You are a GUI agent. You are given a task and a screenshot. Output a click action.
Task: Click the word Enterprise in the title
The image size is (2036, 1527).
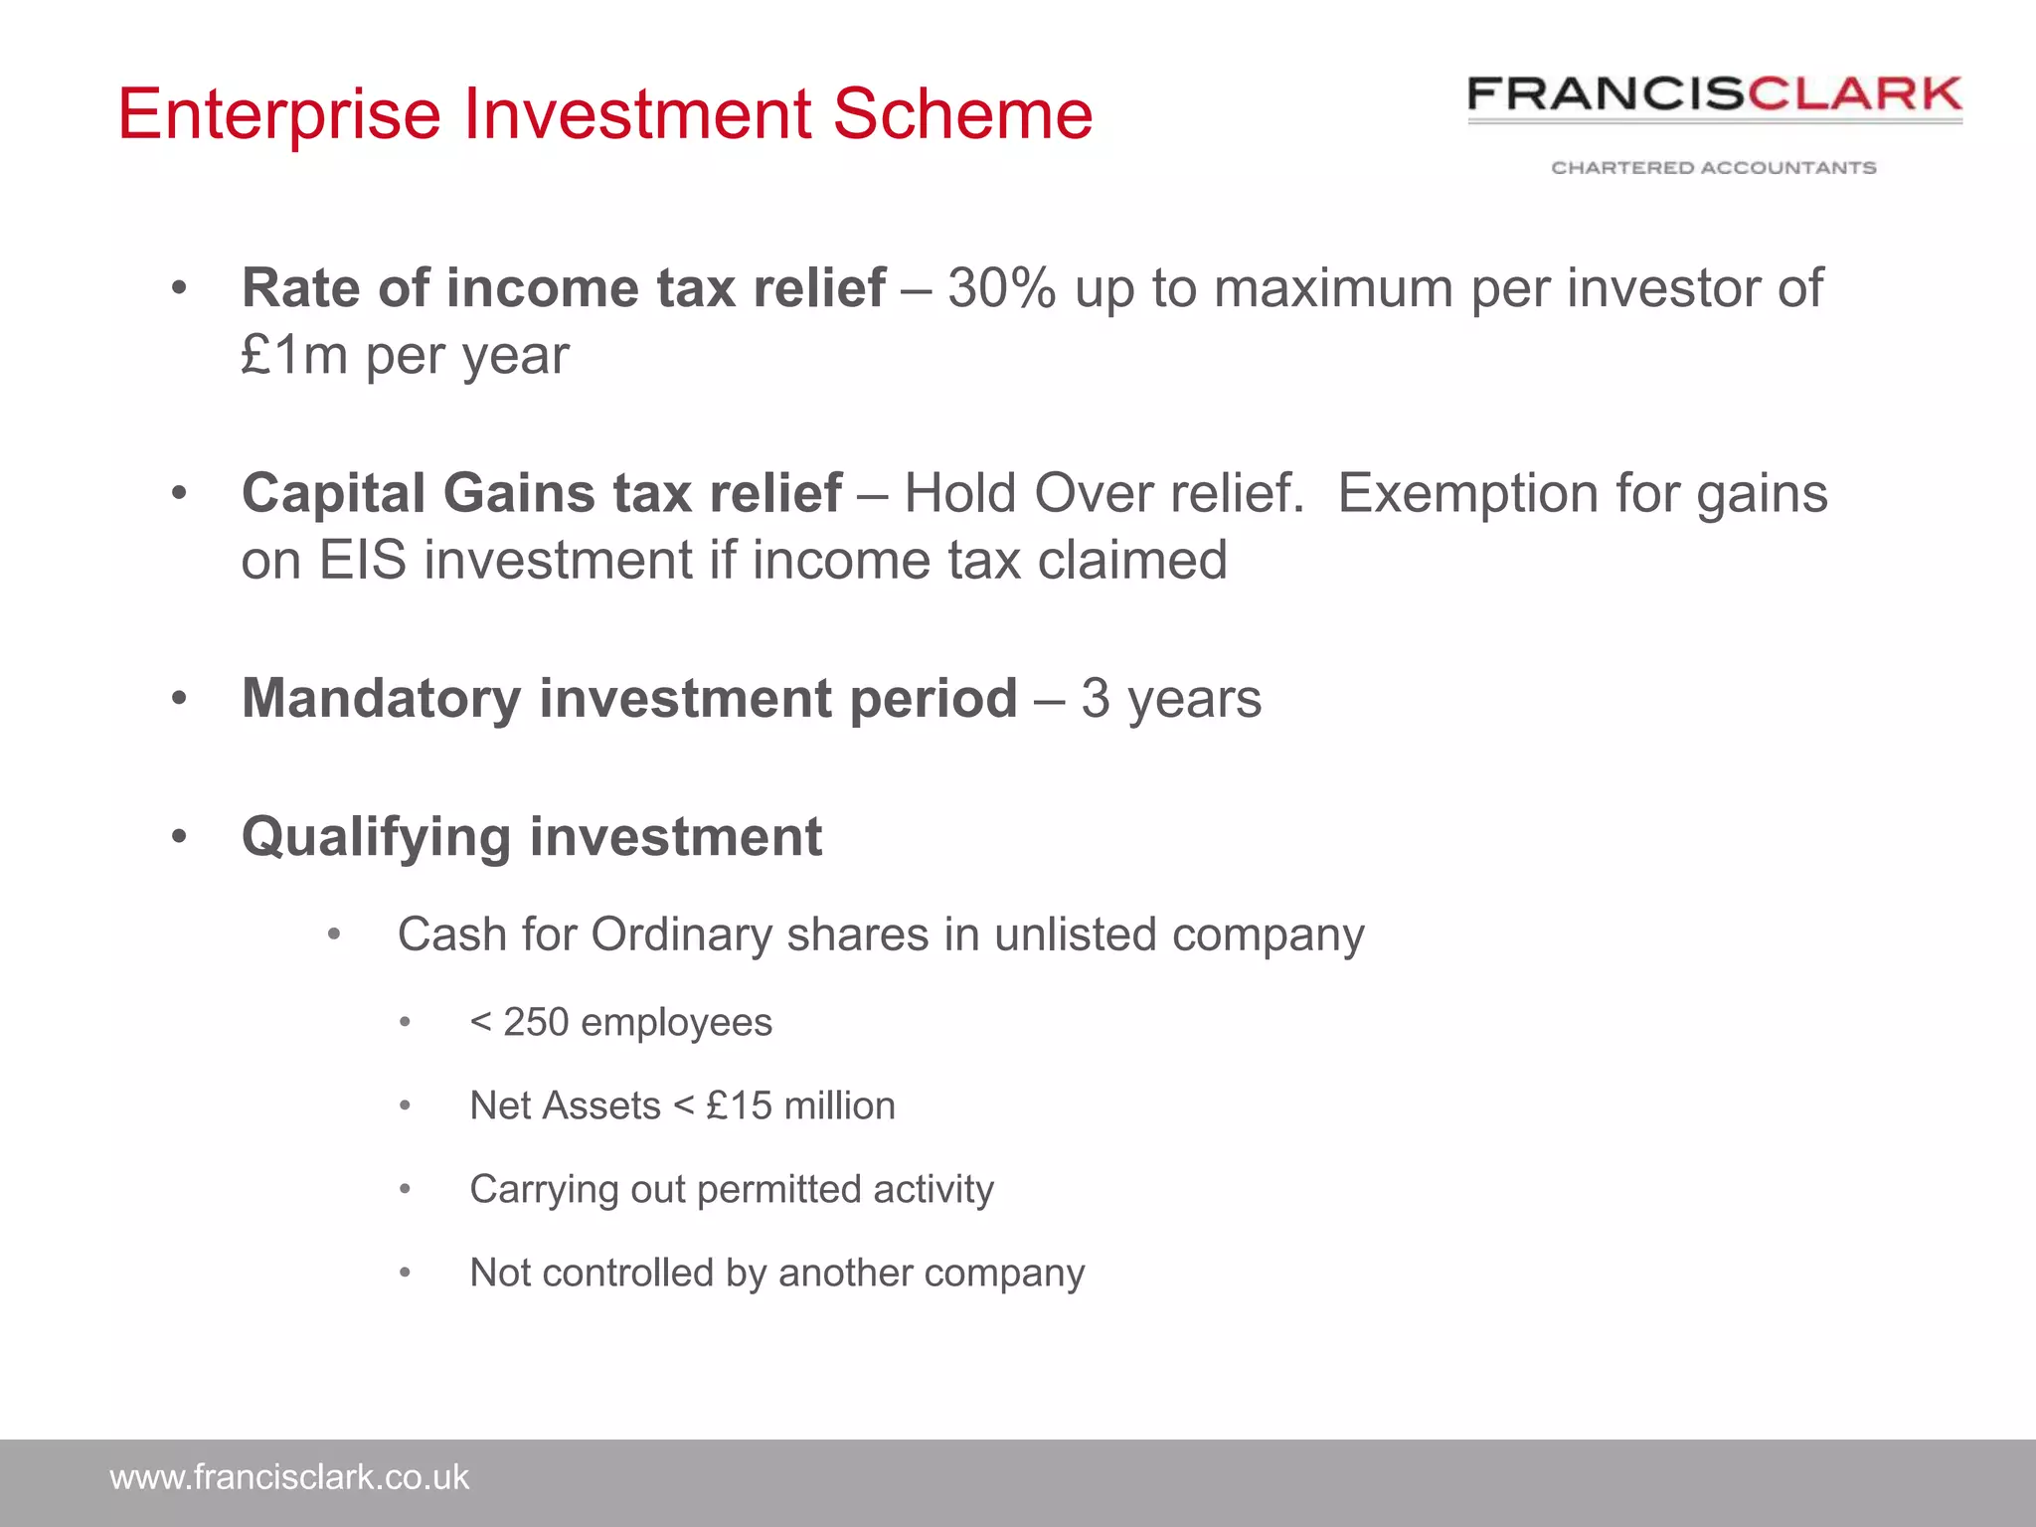coord(279,113)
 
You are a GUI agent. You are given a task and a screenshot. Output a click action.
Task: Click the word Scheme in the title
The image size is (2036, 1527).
coord(961,113)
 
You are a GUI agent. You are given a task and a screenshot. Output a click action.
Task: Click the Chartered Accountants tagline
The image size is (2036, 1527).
coord(1714,167)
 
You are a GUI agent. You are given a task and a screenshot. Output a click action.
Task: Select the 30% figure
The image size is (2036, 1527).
coord(1001,288)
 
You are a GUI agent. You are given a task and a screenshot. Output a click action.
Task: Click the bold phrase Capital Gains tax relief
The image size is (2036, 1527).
coord(542,493)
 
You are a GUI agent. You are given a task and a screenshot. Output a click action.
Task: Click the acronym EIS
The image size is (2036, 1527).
coord(362,560)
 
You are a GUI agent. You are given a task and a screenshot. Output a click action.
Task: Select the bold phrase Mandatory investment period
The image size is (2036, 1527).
coord(629,698)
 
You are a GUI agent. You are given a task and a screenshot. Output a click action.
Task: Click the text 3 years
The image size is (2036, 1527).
coord(1171,698)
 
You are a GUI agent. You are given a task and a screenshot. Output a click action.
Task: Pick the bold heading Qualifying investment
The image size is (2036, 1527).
coord(532,836)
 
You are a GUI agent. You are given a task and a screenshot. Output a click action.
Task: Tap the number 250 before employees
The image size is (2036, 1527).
coord(536,1022)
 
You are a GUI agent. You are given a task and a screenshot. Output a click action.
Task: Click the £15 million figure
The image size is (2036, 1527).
coord(800,1105)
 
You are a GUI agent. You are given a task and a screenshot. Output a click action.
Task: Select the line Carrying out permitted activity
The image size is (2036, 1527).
coord(731,1189)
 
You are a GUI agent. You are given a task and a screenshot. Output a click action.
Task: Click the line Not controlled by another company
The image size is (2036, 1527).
coord(776,1272)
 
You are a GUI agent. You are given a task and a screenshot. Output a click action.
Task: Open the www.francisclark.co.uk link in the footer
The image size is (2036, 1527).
coord(289,1477)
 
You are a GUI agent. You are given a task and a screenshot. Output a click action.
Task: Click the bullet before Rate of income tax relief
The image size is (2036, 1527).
coord(179,289)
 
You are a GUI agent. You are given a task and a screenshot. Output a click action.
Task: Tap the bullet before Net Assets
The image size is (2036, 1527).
coord(405,1106)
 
